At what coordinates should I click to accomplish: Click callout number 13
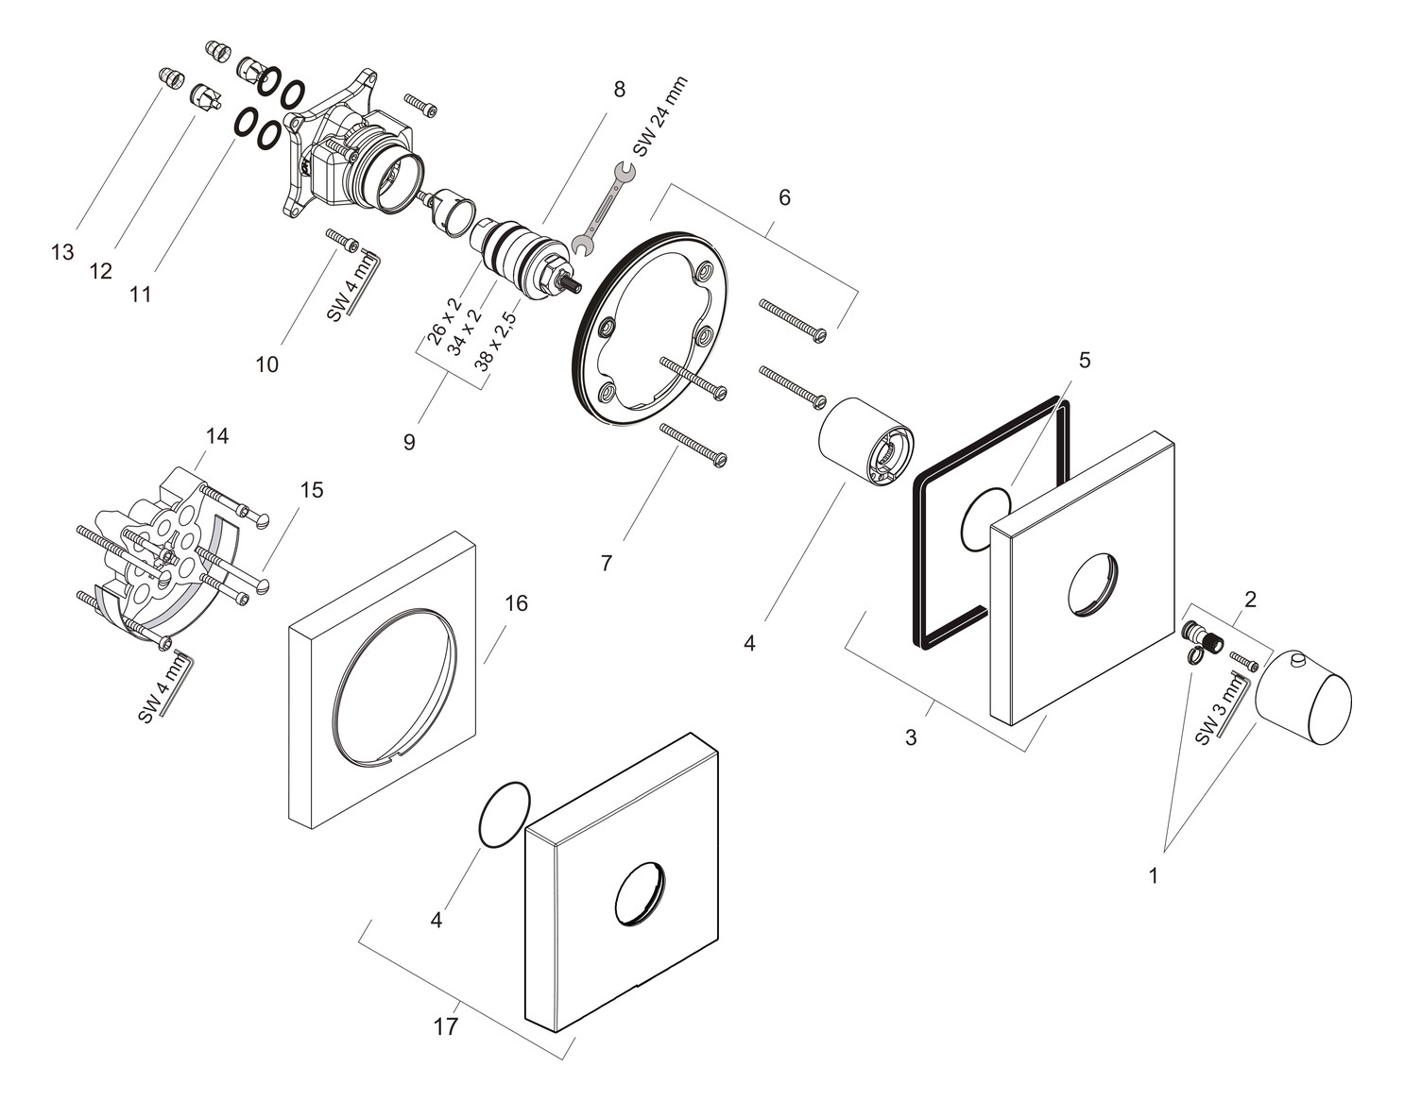[x=62, y=252]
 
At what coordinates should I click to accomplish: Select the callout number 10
[x=267, y=364]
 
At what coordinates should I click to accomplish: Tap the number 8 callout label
[x=619, y=90]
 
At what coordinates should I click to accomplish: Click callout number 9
[x=409, y=441]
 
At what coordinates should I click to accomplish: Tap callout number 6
[x=784, y=197]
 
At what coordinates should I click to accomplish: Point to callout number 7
[x=607, y=564]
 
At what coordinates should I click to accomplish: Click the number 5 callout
[x=1085, y=360]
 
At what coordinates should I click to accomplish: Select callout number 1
[x=1153, y=875]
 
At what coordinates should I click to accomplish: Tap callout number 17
[x=445, y=1026]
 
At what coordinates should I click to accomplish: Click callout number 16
[x=516, y=602]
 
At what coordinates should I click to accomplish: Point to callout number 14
[x=217, y=436]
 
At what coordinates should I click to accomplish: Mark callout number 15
[x=311, y=490]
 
